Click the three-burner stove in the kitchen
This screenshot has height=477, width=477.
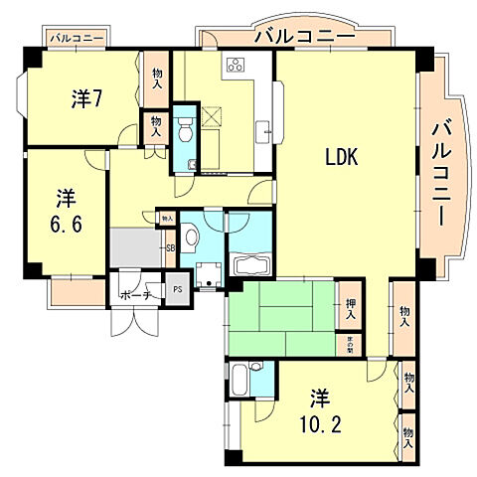click(x=237, y=68)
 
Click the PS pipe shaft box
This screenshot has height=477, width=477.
click(x=178, y=291)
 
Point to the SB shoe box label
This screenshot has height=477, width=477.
click(x=170, y=247)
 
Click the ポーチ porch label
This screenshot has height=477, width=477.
click(x=134, y=295)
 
